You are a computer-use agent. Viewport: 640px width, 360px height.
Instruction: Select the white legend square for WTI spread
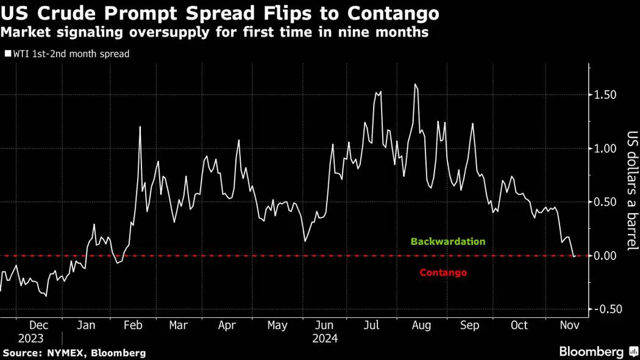tap(7, 54)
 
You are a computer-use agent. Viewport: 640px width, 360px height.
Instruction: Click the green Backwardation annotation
tap(448, 241)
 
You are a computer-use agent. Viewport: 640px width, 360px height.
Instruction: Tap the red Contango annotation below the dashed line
tap(443, 272)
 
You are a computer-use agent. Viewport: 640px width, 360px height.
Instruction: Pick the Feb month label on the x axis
tap(132, 326)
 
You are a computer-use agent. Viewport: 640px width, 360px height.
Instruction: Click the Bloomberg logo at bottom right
tap(591, 351)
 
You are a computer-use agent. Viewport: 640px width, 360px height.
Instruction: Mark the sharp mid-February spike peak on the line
tap(140, 127)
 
